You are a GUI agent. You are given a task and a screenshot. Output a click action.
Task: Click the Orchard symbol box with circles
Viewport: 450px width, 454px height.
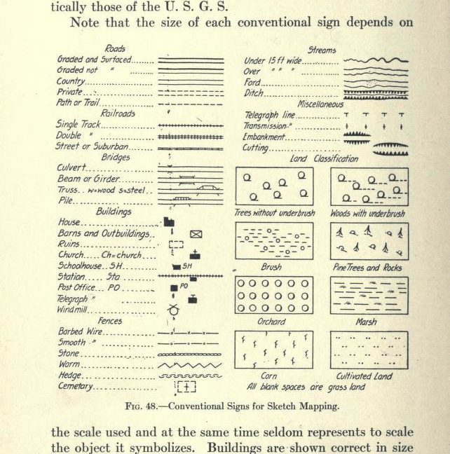pyautogui.click(x=274, y=296)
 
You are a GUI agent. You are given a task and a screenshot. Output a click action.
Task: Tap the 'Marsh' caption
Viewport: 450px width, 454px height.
pyautogui.click(x=366, y=322)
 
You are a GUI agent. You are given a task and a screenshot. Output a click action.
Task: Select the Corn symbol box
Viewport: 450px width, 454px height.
pyautogui.click(x=273, y=350)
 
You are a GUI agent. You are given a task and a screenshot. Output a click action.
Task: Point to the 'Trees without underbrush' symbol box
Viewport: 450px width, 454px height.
pyautogui.click(x=274, y=186)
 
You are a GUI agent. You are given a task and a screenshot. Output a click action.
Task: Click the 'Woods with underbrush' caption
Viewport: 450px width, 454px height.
pyautogui.click(x=367, y=213)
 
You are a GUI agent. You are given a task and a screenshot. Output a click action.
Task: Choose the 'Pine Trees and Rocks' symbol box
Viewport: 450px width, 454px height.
pyautogui.click(x=369, y=241)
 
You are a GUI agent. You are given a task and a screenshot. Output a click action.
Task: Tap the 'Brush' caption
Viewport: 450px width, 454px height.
pyautogui.click(x=271, y=268)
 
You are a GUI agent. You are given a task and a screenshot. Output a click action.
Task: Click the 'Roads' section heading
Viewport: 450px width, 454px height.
pyautogui.click(x=115, y=49)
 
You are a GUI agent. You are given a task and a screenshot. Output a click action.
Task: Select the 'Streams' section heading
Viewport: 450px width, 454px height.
pyautogui.click(x=322, y=50)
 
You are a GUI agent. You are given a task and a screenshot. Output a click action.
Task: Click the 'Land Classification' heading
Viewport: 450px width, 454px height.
pyautogui.click(x=323, y=159)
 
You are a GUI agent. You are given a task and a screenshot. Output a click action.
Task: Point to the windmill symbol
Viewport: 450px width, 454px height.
pyautogui.click(x=173, y=309)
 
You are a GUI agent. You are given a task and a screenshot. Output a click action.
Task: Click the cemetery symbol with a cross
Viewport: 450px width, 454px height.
pyautogui.click(x=187, y=386)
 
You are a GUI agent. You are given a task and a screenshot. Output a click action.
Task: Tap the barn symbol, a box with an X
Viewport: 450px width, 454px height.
pyautogui.click(x=196, y=234)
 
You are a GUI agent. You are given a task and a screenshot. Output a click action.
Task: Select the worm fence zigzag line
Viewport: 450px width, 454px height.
pyautogui.click(x=189, y=365)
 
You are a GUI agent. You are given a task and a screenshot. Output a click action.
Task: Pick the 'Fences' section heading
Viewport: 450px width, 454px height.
pyautogui.click(x=109, y=320)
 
